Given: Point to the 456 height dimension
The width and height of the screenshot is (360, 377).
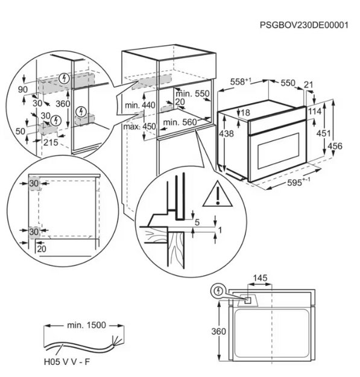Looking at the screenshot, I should [336, 146].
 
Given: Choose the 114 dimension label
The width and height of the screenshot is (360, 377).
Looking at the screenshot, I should [315, 112].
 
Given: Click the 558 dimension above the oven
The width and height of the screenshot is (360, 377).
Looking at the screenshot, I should [242, 81].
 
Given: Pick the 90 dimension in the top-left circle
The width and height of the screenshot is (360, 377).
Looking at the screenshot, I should [23, 89].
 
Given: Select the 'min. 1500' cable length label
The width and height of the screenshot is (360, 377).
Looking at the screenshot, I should [86, 325].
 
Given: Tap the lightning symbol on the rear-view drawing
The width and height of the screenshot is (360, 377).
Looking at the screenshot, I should [217, 291].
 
